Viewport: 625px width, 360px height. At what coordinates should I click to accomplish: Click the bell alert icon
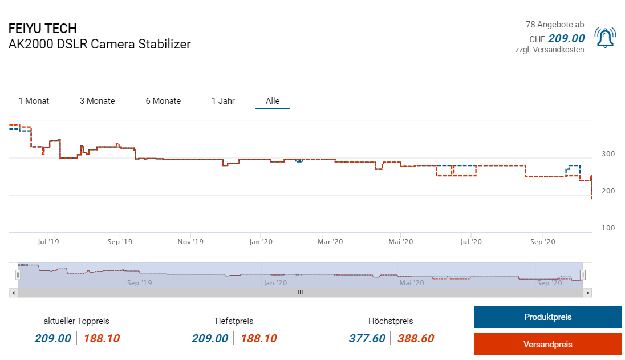[x=604, y=38]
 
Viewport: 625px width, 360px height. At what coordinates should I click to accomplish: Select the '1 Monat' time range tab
[x=34, y=101]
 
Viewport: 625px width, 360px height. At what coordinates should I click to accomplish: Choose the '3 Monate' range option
[x=97, y=101]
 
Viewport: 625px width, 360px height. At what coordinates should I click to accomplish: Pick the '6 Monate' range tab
[x=163, y=101]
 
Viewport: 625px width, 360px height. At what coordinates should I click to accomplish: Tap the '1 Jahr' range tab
[x=223, y=101]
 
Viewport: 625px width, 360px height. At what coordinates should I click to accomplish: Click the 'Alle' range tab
[x=273, y=101]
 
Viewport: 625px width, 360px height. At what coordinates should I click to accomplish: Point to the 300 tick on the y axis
[x=608, y=154]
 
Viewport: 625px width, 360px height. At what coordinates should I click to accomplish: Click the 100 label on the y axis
[x=608, y=228]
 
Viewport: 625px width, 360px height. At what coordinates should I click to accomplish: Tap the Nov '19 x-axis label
[x=190, y=242]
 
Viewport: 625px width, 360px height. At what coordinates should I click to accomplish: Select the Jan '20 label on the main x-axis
[x=261, y=242]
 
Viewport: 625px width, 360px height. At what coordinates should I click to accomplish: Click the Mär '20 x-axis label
[x=330, y=242]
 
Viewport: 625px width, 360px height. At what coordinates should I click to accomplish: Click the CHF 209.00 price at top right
[x=566, y=39]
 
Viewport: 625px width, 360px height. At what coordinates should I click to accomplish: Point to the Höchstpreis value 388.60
[x=415, y=338]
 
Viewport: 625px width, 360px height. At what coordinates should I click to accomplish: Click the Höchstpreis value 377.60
[x=367, y=338]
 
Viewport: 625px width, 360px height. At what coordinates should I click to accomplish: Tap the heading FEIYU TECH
[x=43, y=29]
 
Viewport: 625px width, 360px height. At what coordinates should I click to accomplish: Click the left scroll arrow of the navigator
[x=13, y=293]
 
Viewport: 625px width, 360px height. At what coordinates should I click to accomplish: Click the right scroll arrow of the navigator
[x=589, y=293]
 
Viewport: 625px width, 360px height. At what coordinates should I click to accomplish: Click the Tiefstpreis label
[x=234, y=321]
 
